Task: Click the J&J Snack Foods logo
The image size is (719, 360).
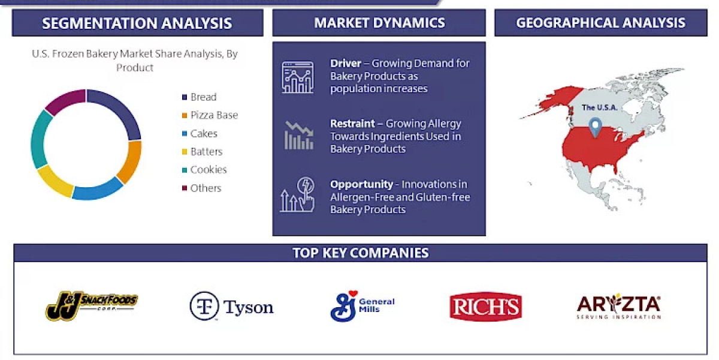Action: pos(91,306)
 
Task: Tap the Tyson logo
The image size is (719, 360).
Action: pos(231,306)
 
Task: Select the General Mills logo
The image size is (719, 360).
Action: pos(362,306)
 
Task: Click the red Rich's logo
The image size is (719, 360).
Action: pos(485,307)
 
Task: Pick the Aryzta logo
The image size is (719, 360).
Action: pos(618,307)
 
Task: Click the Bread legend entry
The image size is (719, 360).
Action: pos(203,97)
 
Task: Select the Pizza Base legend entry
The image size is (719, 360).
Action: pos(213,115)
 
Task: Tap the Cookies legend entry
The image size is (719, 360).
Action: pos(208,170)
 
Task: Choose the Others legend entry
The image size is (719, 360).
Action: pos(205,188)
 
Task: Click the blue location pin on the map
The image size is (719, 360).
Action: pos(595,127)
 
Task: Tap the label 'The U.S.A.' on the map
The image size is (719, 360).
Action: pos(600,108)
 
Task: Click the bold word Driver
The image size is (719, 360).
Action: pos(345,63)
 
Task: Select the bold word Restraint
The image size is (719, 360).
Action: pos(352,124)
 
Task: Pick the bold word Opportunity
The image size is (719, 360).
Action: pos(361,184)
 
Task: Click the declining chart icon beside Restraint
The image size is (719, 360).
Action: pos(298,136)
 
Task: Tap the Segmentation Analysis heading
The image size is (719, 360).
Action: pos(137,23)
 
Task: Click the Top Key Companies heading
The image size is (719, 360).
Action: pos(360,253)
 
